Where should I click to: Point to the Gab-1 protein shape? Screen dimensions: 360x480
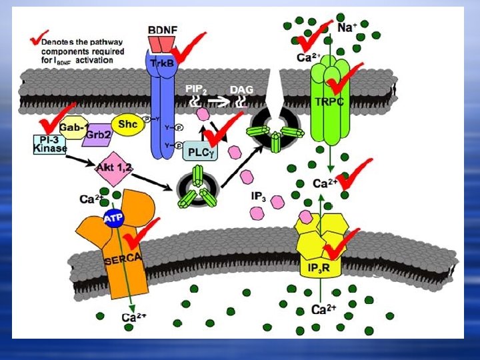pyautogui.click(x=71, y=127)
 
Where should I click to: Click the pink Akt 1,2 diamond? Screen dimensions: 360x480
pyautogui.click(x=113, y=167)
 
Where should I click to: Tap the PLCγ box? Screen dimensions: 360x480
pyautogui.click(x=200, y=153)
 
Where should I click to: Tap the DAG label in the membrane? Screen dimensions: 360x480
pyautogui.click(x=241, y=89)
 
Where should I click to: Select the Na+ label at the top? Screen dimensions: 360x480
pyautogui.click(x=348, y=28)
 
